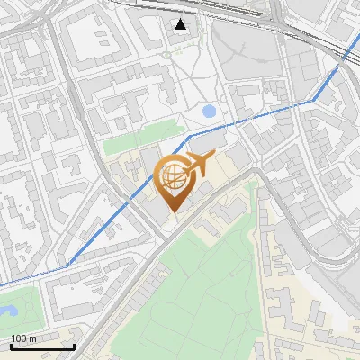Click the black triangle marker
[181, 24]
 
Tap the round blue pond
[210, 112]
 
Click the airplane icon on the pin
[197, 165]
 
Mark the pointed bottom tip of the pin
[174, 212]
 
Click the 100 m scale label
[23, 337]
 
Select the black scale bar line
[42, 346]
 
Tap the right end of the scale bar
[74, 346]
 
